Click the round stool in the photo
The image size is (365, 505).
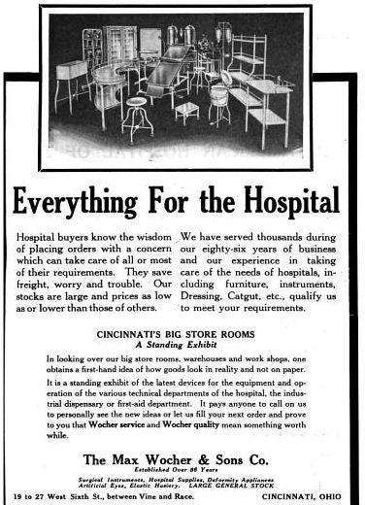pyautogui.click(x=137, y=113)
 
